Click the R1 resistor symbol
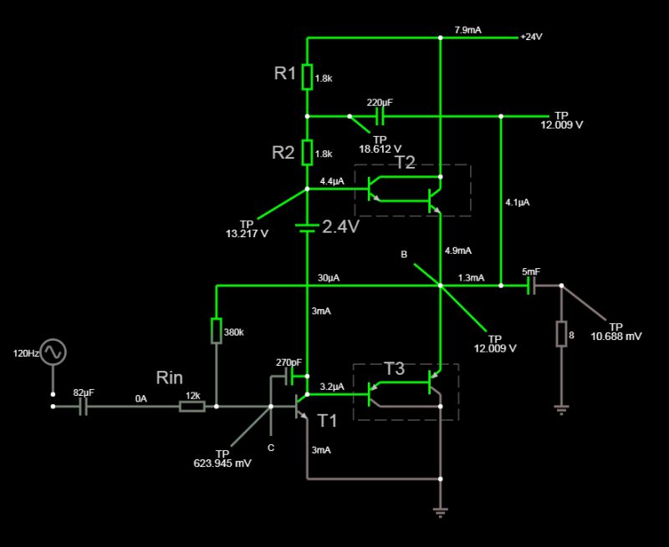pyautogui.click(x=308, y=77)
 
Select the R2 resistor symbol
pyautogui.click(x=308, y=153)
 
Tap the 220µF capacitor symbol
pyautogui.click(x=380, y=115)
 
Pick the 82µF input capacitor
pyautogui.click(x=83, y=407)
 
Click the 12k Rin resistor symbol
pyautogui.click(x=192, y=407)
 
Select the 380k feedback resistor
pyautogui.click(x=217, y=331)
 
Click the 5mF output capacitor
pyautogui.click(x=531, y=286)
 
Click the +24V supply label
pyautogui.click(x=531, y=37)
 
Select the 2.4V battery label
pyautogui.click(x=340, y=225)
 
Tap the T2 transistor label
pyautogui.click(x=405, y=162)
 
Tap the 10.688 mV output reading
pyautogui.click(x=616, y=336)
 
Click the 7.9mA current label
pyautogui.click(x=467, y=29)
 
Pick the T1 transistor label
pyautogui.click(x=326, y=421)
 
